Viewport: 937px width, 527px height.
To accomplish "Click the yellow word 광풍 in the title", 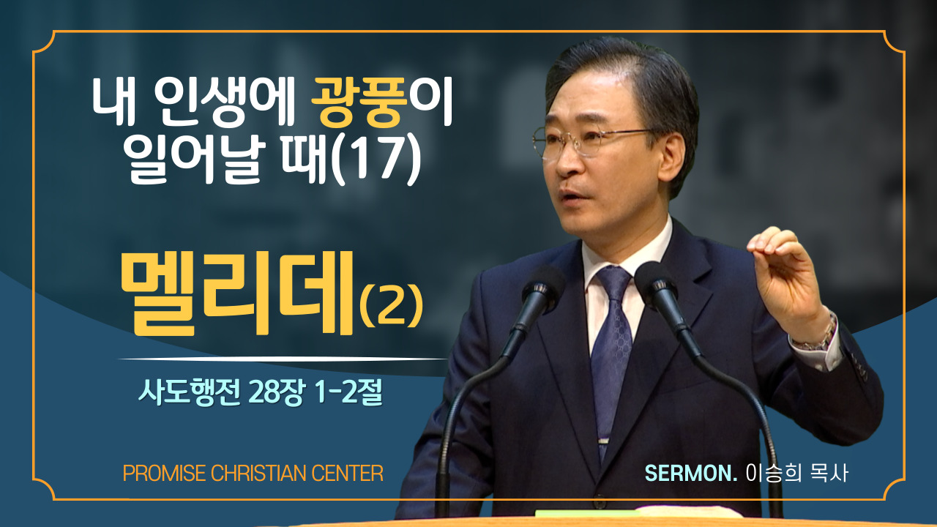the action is [x=359, y=102].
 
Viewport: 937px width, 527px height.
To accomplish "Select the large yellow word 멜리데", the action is [x=237, y=294].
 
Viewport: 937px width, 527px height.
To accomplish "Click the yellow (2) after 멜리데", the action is [x=392, y=306].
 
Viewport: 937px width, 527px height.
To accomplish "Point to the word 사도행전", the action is [x=190, y=393].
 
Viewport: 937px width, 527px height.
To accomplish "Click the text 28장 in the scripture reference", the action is [x=275, y=393].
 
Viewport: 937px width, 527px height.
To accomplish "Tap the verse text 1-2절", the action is [x=348, y=393].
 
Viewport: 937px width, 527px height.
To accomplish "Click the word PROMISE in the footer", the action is [x=165, y=474].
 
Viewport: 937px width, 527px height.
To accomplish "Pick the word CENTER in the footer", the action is [x=347, y=474].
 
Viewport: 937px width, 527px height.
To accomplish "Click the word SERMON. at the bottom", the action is [x=690, y=474].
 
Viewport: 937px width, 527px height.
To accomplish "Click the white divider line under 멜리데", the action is [x=283, y=359].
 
